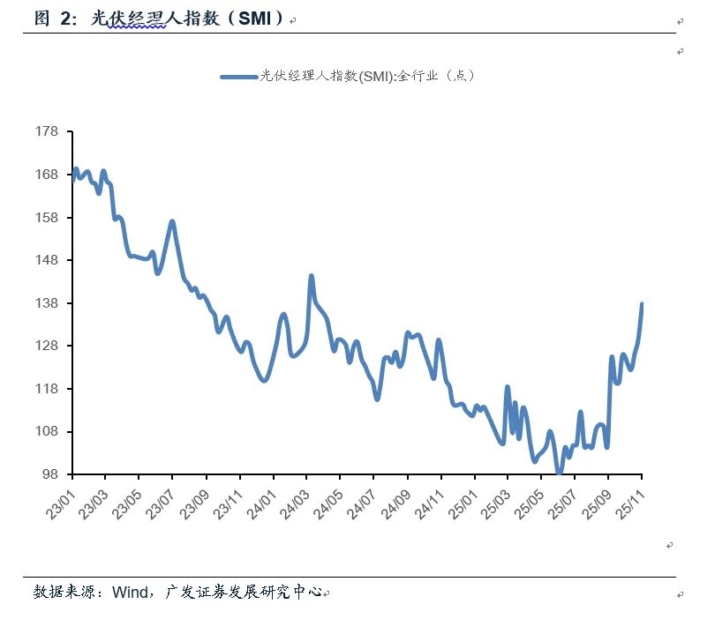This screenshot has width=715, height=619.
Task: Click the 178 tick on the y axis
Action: [46, 132]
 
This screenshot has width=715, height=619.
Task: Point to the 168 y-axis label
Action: [46, 175]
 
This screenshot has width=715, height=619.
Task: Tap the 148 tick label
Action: [46, 260]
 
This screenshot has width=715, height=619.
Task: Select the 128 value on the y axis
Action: [46, 346]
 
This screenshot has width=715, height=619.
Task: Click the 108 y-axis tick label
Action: [46, 431]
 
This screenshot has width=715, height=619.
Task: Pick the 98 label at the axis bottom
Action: [49, 474]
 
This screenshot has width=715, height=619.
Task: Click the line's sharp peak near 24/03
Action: [312, 276]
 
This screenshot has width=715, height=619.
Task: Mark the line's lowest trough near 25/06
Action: [559, 472]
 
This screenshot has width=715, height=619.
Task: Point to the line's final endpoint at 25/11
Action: [642, 304]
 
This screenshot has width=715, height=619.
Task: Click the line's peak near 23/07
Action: [172, 221]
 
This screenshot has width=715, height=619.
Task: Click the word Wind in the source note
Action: [129, 592]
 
